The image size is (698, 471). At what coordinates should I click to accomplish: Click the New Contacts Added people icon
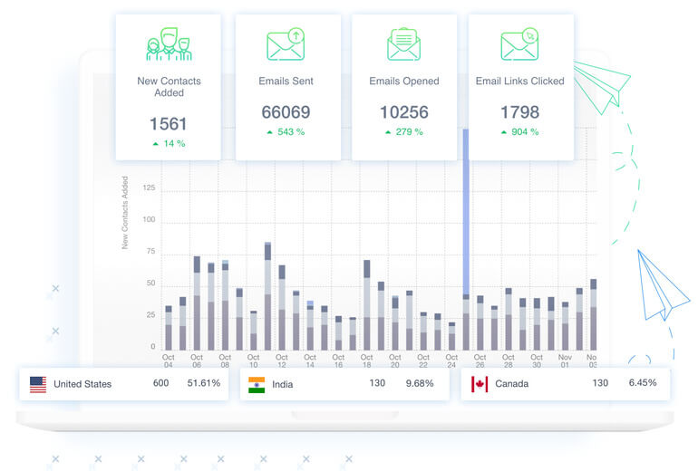[x=169, y=45]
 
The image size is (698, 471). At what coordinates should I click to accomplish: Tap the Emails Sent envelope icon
[x=286, y=44]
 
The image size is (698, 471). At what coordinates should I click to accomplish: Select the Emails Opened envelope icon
[x=403, y=44]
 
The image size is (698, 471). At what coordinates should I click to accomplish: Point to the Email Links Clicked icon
[x=519, y=44]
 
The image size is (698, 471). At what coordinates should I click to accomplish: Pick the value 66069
[x=286, y=113]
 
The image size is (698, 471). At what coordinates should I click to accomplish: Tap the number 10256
[x=403, y=113]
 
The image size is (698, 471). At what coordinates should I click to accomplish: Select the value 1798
[x=519, y=113]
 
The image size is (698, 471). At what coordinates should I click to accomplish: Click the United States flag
[x=38, y=384]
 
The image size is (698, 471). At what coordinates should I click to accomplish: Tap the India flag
[x=257, y=384]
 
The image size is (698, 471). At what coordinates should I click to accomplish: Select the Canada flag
[x=480, y=384]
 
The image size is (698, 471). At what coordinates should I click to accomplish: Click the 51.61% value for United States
[x=204, y=383]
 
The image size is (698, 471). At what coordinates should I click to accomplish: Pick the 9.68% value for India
[x=419, y=383]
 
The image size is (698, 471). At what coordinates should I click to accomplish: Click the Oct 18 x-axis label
[x=366, y=361]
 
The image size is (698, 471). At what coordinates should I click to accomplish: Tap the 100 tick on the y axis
[x=150, y=220]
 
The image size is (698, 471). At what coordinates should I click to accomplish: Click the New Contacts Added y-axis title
[x=125, y=213]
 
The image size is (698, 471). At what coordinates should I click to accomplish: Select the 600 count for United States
[x=160, y=383]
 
